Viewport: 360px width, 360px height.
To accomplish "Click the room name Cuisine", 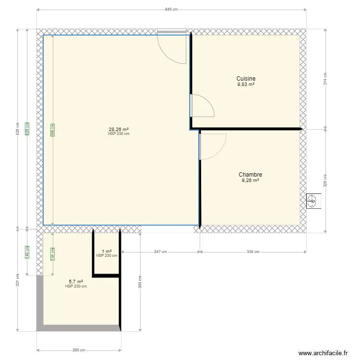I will point(246,79).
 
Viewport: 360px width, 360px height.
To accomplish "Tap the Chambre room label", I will point(250,175).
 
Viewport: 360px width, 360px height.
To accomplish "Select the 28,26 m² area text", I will point(119,129).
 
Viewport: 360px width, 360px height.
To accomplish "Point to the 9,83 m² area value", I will point(246,84).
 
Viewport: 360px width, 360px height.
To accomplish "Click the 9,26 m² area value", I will point(250,181).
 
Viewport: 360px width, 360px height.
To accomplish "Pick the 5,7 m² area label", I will point(76,282).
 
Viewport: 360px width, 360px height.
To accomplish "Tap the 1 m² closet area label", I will point(107,251).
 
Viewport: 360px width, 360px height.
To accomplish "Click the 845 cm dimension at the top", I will point(171,9).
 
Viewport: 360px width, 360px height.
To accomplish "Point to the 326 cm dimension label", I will point(325,181).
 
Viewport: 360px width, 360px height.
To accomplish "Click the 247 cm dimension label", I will point(160,252).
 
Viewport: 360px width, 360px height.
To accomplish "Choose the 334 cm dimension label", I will point(252,252).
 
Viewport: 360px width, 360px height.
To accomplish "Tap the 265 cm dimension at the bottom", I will point(79,350).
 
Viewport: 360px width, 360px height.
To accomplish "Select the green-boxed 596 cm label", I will point(53,130).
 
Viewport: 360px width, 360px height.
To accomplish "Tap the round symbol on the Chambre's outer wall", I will point(312,201).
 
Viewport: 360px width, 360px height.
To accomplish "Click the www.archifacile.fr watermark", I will point(323,353).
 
